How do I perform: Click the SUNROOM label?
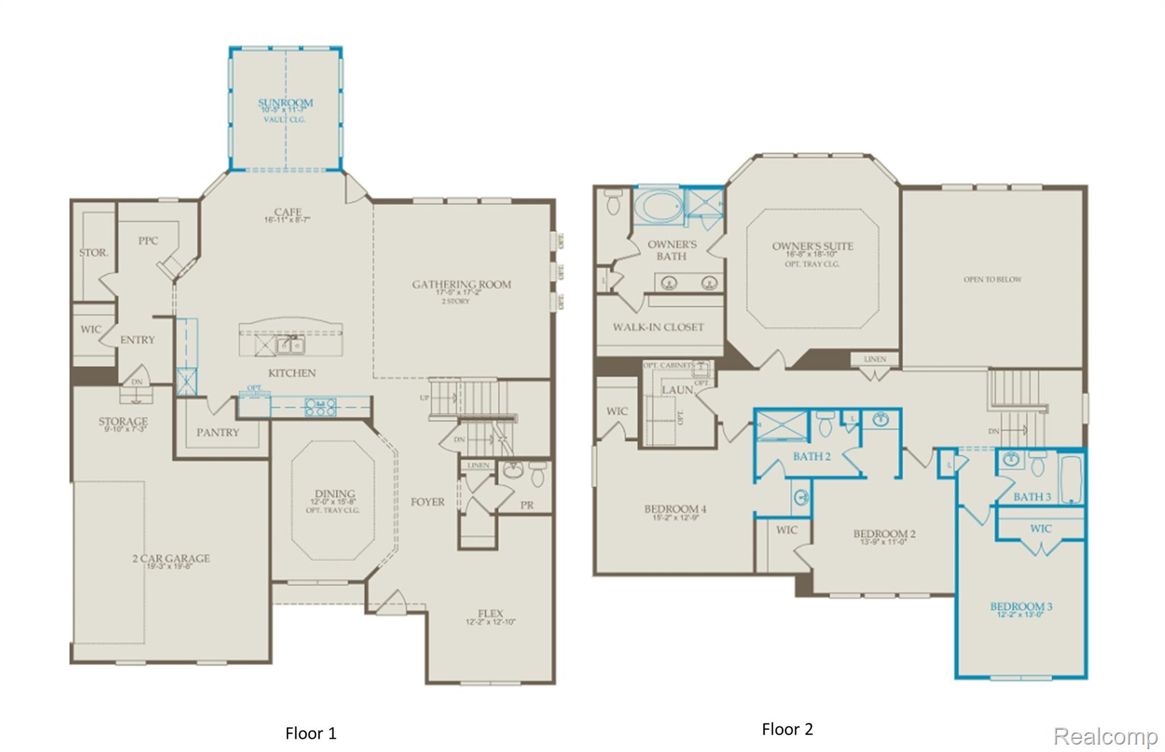pos(285,103)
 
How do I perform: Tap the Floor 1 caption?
pos(311,733)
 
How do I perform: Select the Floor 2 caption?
pos(787,729)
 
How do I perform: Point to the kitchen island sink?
pos(290,345)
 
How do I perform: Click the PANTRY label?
pos(218,433)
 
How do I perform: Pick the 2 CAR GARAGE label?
pos(171,558)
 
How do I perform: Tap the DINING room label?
pos(334,494)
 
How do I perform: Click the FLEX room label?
pos(490,614)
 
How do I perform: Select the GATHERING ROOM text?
pos(461,285)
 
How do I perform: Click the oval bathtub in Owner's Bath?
pos(658,206)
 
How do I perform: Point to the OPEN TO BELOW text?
pos(992,280)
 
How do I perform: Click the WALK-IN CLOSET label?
pos(658,327)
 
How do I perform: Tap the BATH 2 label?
pos(812,457)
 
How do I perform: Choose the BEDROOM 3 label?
pos(1021,607)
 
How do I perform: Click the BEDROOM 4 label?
pos(675,509)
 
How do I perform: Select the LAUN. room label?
pos(678,390)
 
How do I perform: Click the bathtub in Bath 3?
pos(1071,478)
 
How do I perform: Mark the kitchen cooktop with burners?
pos(320,406)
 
